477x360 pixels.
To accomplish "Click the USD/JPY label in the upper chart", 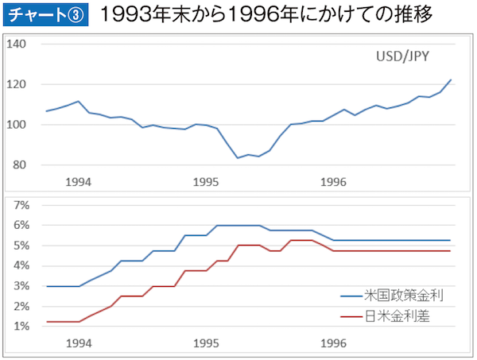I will point(402,57).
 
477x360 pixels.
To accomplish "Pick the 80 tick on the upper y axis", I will point(19,165).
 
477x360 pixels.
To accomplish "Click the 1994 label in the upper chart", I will point(78,181).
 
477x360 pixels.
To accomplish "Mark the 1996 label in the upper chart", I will point(333,181).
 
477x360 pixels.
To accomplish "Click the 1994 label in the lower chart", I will point(78,343).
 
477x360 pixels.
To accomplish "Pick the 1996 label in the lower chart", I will point(333,343).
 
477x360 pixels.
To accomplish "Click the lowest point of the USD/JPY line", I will point(238,157).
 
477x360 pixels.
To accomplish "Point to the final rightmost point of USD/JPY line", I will point(451,79).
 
